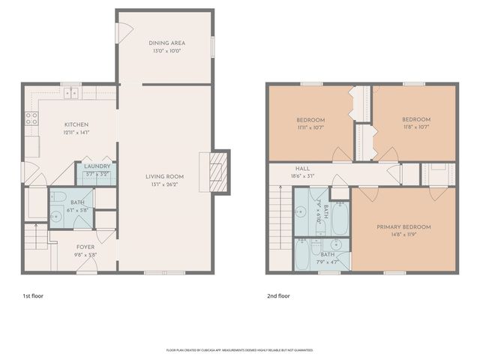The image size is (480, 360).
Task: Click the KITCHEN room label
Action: click(x=76, y=124)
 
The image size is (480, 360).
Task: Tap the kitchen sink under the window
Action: click(x=70, y=94)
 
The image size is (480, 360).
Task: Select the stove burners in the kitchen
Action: click(x=32, y=117)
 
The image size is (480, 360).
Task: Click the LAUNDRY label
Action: click(x=97, y=166)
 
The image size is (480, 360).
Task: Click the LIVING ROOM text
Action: click(x=164, y=177)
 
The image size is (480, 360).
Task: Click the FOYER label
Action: click(x=85, y=246)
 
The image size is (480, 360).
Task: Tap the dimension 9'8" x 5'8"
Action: click(x=85, y=255)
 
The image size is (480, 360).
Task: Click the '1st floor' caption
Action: click(x=33, y=295)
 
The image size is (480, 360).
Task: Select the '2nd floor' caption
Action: click(x=277, y=295)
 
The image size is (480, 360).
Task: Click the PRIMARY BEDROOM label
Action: click(x=406, y=226)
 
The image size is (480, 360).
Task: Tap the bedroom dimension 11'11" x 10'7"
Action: click(x=310, y=128)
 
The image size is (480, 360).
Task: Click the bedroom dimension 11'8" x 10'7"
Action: click(x=416, y=128)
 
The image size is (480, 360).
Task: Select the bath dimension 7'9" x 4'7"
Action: click(x=328, y=262)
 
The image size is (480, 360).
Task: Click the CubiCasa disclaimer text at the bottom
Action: click(x=239, y=349)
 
